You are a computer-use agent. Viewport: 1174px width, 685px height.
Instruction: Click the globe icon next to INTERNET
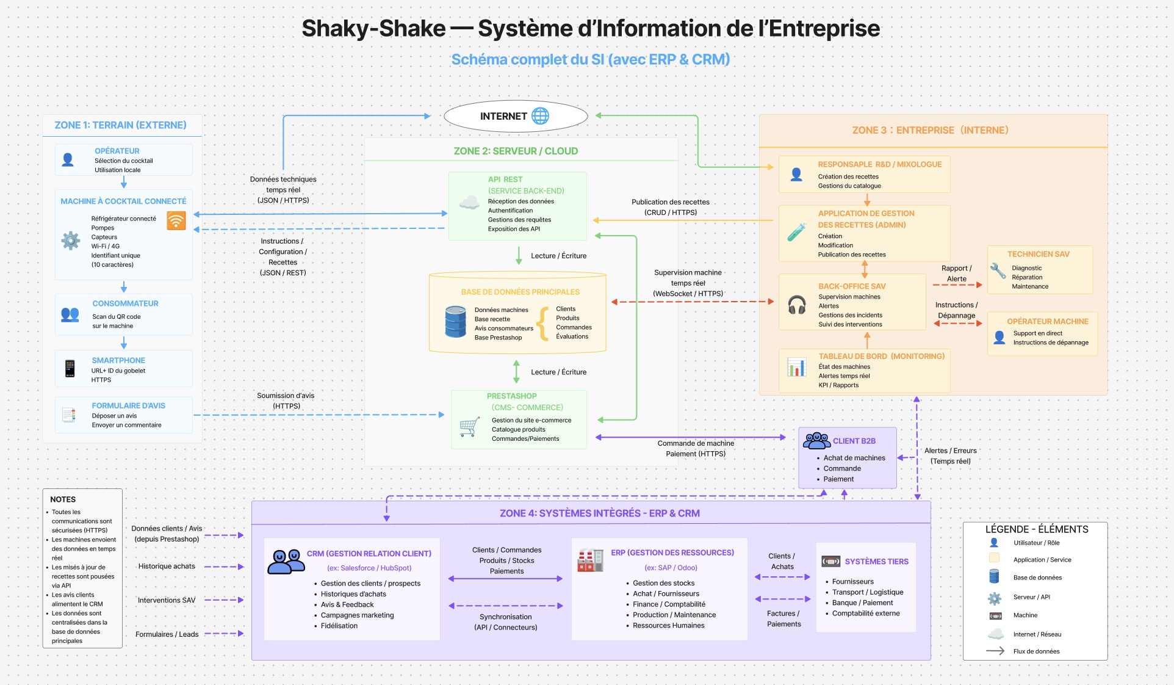[540, 116]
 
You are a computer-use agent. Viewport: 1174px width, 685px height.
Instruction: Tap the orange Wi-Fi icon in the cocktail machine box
[176, 220]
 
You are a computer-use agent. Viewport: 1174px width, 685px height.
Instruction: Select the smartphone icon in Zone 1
[70, 368]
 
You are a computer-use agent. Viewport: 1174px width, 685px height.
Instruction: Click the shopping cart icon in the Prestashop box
[469, 427]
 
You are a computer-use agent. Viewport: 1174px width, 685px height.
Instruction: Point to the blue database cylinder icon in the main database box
[455, 322]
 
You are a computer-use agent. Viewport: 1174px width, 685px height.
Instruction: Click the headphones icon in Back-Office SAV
[797, 304]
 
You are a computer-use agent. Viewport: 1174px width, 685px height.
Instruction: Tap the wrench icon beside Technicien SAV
[998, 270]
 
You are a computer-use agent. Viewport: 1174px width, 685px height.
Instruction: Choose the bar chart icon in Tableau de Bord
[797, 367]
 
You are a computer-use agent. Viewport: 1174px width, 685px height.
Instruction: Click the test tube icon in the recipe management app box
[796, 232]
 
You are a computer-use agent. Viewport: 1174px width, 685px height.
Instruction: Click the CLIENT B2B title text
[854, 441]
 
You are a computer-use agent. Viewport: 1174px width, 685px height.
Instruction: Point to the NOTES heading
[63, 499]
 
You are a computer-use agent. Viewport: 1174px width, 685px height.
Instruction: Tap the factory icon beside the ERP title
[590, 560]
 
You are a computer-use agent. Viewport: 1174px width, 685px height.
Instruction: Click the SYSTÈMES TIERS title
[877, 562]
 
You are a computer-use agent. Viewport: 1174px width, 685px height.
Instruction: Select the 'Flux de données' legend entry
[1037, 651]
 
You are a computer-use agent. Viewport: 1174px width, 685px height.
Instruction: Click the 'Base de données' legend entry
[1037, 578]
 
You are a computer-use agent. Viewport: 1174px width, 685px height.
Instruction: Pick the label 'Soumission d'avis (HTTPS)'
[286, 400]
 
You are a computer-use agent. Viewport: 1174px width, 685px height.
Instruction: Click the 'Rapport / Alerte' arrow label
[957, 274]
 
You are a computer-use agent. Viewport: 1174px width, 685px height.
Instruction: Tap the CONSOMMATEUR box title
[125, 303]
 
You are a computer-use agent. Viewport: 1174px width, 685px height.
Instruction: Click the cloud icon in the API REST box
[469, 202]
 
